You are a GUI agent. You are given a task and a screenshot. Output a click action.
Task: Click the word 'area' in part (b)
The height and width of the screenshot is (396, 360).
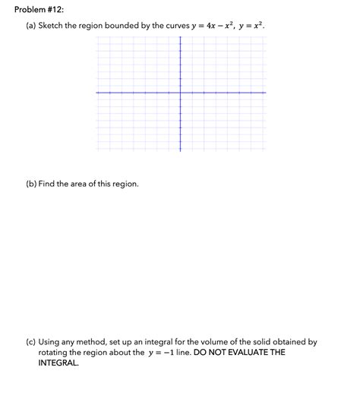(87, 184)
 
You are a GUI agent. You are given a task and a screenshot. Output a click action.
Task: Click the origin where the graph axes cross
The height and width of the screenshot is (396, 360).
(180, 93)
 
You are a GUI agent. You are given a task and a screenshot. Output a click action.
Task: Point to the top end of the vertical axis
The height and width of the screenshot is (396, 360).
(180, 36)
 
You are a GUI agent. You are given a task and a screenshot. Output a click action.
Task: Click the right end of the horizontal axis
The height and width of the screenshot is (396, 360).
(266, 93)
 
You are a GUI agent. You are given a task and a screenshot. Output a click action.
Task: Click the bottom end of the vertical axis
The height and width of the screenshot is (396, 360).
(180, 149)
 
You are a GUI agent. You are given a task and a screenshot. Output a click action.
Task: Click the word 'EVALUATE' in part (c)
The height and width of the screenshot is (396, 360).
(250, 353)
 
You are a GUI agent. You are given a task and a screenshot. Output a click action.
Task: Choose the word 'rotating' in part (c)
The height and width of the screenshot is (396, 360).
(55, 353)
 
